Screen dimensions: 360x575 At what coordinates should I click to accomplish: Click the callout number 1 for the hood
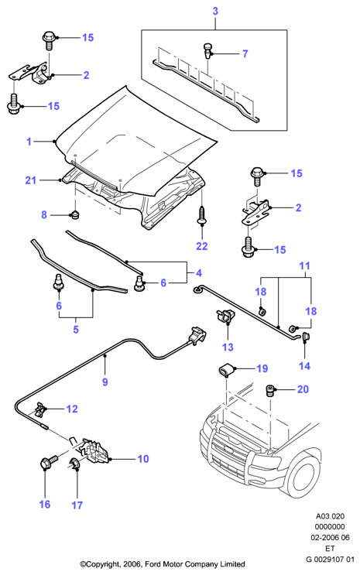(29, 142)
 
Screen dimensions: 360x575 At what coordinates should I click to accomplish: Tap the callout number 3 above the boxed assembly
(215, 11)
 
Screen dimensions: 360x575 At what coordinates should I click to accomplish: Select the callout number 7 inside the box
(245, 54)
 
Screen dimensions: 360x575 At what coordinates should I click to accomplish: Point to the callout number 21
(31, 180)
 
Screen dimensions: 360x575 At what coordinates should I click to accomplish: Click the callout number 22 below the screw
(202, 246)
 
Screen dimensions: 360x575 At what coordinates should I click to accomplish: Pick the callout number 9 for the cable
(105, 382)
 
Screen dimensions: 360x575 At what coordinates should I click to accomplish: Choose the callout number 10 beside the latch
(143, 459)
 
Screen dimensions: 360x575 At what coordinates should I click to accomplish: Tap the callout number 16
(45, 505)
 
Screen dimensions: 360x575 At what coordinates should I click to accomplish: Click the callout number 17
(77, 505)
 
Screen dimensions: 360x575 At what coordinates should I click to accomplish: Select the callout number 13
(228, 347)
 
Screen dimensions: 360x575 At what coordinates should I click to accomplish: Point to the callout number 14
(304, 365)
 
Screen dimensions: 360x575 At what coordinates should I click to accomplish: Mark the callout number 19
(262, 368)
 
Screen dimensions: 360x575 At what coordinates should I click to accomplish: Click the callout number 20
(303, 389)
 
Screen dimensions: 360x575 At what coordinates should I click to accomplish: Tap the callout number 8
(44, 214)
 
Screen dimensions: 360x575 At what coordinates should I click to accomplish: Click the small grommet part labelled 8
(76, 214)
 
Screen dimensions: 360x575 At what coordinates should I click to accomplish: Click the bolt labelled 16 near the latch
(48, 463)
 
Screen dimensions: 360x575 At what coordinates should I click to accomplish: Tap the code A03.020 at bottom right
(331, 516)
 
